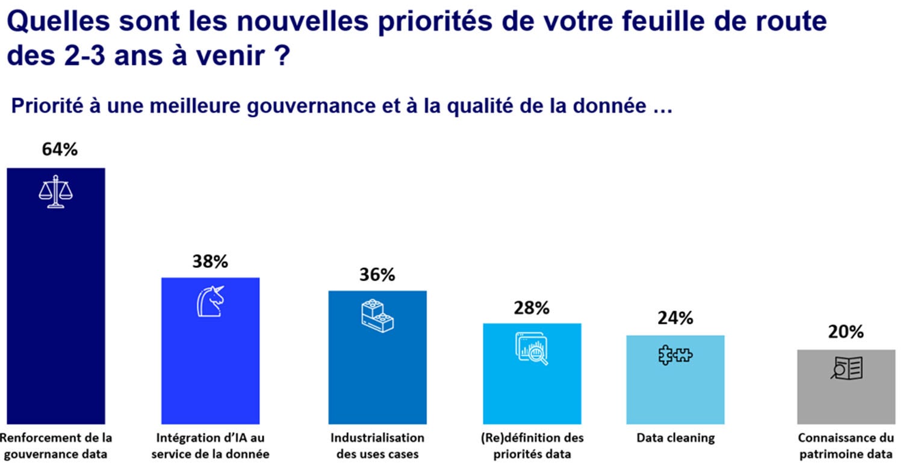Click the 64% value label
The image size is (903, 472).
tap(60, 149)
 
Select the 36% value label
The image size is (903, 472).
tap(377, 275)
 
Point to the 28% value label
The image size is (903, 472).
tap(532, 308)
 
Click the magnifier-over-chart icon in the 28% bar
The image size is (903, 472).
tap(532, 348)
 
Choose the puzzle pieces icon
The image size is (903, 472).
tap(675, 355)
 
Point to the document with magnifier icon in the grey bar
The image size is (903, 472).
tap(846, 368)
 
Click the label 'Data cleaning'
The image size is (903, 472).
tap(675, 438)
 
